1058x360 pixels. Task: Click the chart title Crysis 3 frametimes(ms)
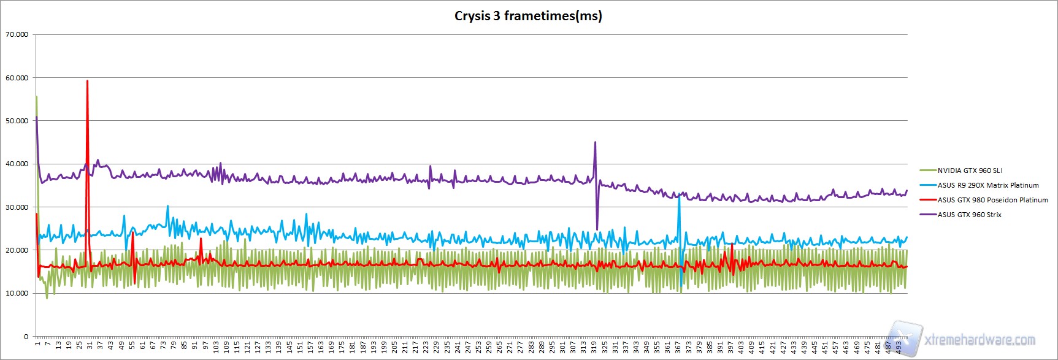(x=528, y=16)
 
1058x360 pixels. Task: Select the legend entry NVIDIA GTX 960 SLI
(x=970, y=170)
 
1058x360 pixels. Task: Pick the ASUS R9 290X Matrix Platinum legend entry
(x=988, y=185)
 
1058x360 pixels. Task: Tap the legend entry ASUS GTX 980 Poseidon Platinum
(x=992, y=200)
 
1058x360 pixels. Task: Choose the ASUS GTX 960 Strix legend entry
(x=969, y=215)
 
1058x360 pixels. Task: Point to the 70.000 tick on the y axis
(x=17, y=34)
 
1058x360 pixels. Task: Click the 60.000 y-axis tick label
(x=17, y=78)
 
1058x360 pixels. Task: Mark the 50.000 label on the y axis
(x=17, y=121)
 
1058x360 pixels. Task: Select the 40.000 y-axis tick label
(x=17, y=164)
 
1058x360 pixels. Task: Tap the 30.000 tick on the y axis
(x=17, y=207)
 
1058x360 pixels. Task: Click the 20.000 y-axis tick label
(x=17, y=250)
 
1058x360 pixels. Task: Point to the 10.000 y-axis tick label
(x=17, y=293)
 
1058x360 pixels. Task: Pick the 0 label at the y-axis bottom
(x=26, y=336)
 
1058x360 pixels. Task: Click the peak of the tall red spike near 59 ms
(x=87, y=81)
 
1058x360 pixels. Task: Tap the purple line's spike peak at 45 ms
(x=595, y=142)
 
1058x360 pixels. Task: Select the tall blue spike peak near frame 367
(x=679, y=196)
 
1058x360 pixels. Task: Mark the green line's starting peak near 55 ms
(x=37, y=96)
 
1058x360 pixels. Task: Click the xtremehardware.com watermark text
(x=979, y=339)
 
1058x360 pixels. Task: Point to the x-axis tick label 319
(x=594, y=347)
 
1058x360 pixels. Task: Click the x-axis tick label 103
(x=216, y=347)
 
